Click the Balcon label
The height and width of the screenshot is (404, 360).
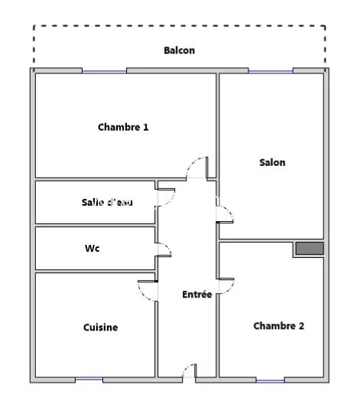point(180,50)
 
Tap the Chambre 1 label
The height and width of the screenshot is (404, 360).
point(123,127)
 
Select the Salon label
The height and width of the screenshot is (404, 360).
point(272,162)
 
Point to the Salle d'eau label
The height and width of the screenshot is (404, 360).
point(107,202)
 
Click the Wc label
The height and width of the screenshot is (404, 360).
point(92,248)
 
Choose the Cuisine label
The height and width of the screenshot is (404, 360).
point(101,327)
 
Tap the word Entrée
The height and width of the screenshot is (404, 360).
point(197,295)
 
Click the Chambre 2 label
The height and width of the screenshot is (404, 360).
point(279,326)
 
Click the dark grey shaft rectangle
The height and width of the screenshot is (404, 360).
point(310,248)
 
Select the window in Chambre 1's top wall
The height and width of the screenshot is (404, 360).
point(104,71)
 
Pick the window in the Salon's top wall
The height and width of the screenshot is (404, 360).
point(271,71)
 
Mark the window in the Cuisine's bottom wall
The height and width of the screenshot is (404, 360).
point(89,379)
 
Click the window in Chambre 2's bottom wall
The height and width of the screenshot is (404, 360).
point(271,380)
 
